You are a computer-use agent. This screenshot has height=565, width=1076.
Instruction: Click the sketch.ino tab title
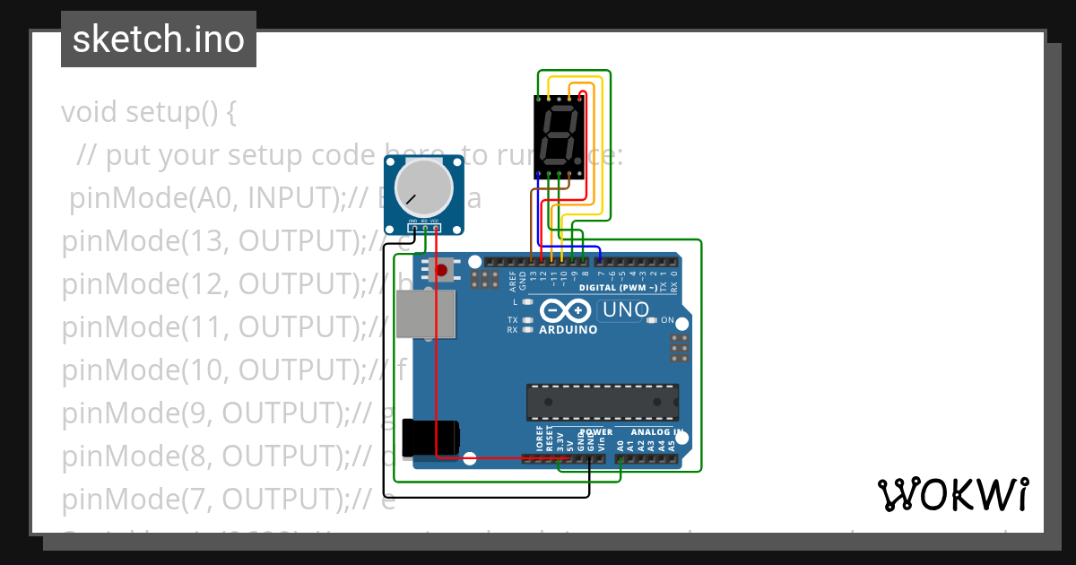coord(158,39)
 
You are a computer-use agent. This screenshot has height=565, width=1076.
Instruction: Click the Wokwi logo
coord(952,494)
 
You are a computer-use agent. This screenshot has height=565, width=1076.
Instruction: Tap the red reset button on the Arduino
coord(441,269)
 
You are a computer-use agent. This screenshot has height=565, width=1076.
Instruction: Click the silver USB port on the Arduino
coord(425,315)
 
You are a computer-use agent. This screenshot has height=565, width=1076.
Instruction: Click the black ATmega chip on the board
coord(602,402)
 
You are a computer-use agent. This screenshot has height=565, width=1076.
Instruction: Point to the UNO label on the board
coord(625,310)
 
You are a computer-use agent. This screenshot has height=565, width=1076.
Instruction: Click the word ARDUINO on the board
coord(568,329)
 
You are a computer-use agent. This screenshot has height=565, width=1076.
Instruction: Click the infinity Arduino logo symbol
coord(566,311)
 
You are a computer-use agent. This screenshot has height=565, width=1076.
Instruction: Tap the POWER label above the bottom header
coord(595,431)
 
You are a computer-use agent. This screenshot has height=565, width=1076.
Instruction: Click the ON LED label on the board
coord(666,320)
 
